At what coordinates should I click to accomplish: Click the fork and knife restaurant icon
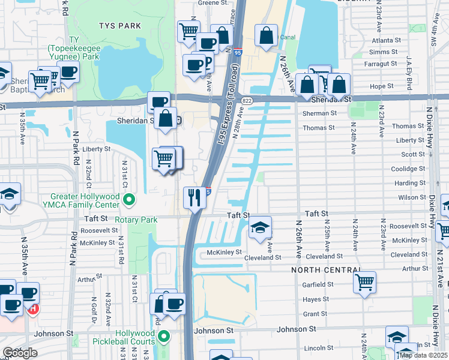click(x=194, y=198)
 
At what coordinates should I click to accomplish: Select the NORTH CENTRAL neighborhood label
click(x=326, y=270)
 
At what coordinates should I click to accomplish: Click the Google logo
click(x=19, y=353)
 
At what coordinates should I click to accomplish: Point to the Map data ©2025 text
click(x=424, y=355)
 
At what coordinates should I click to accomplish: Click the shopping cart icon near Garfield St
click(x=364, y=281)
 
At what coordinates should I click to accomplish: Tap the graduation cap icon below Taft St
click(x=259, y=227)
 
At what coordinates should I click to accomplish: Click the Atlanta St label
click(x=385, y=40)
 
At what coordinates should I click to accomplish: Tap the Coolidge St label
click(x=408, y=169)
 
